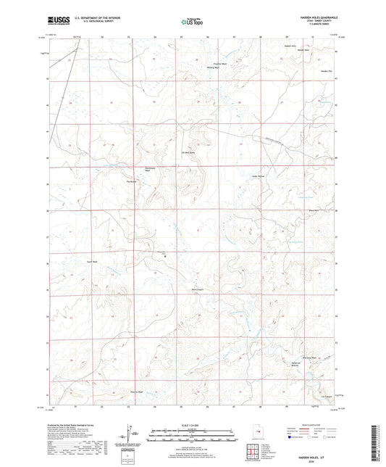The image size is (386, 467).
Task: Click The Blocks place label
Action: [132, 181]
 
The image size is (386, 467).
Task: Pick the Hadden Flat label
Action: [326, 71]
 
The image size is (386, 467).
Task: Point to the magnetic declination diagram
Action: [129, 435]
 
